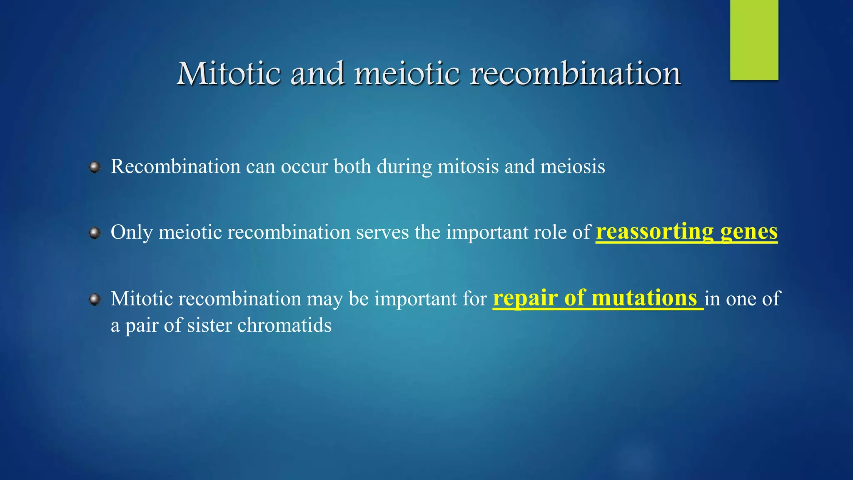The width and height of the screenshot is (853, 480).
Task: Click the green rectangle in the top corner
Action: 754,40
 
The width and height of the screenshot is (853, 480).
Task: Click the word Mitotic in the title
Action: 229,74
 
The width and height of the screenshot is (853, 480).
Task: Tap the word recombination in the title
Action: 575,74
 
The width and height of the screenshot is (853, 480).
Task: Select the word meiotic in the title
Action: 407,74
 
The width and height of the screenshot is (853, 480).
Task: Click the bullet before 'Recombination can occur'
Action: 95,167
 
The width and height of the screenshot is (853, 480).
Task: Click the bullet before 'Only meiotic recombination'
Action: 95,232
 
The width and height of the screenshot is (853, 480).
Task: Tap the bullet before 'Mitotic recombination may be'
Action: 95,299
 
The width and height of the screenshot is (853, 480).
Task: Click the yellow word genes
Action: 748,232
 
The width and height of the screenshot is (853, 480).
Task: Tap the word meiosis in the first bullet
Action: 572,167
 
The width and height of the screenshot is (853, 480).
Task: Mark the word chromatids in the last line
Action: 284,325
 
